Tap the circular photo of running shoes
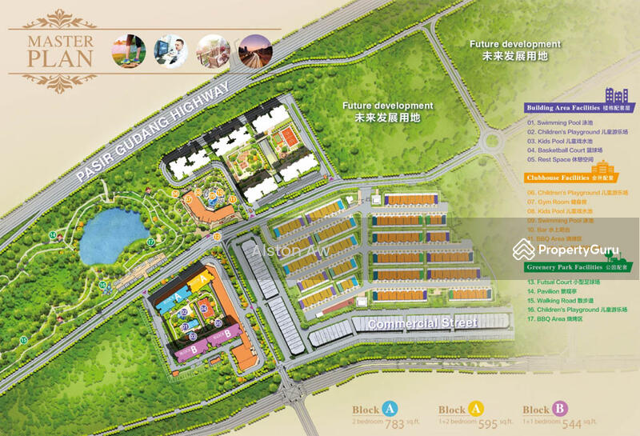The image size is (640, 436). (x=129, y=50)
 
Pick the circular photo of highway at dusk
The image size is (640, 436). (x=255, y=50)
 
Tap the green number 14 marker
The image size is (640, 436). (x=53, y=234)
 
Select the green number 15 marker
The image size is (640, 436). (x=24, y=339)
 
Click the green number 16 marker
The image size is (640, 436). (x=102, y=284)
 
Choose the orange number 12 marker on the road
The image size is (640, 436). (x=216, y=237)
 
